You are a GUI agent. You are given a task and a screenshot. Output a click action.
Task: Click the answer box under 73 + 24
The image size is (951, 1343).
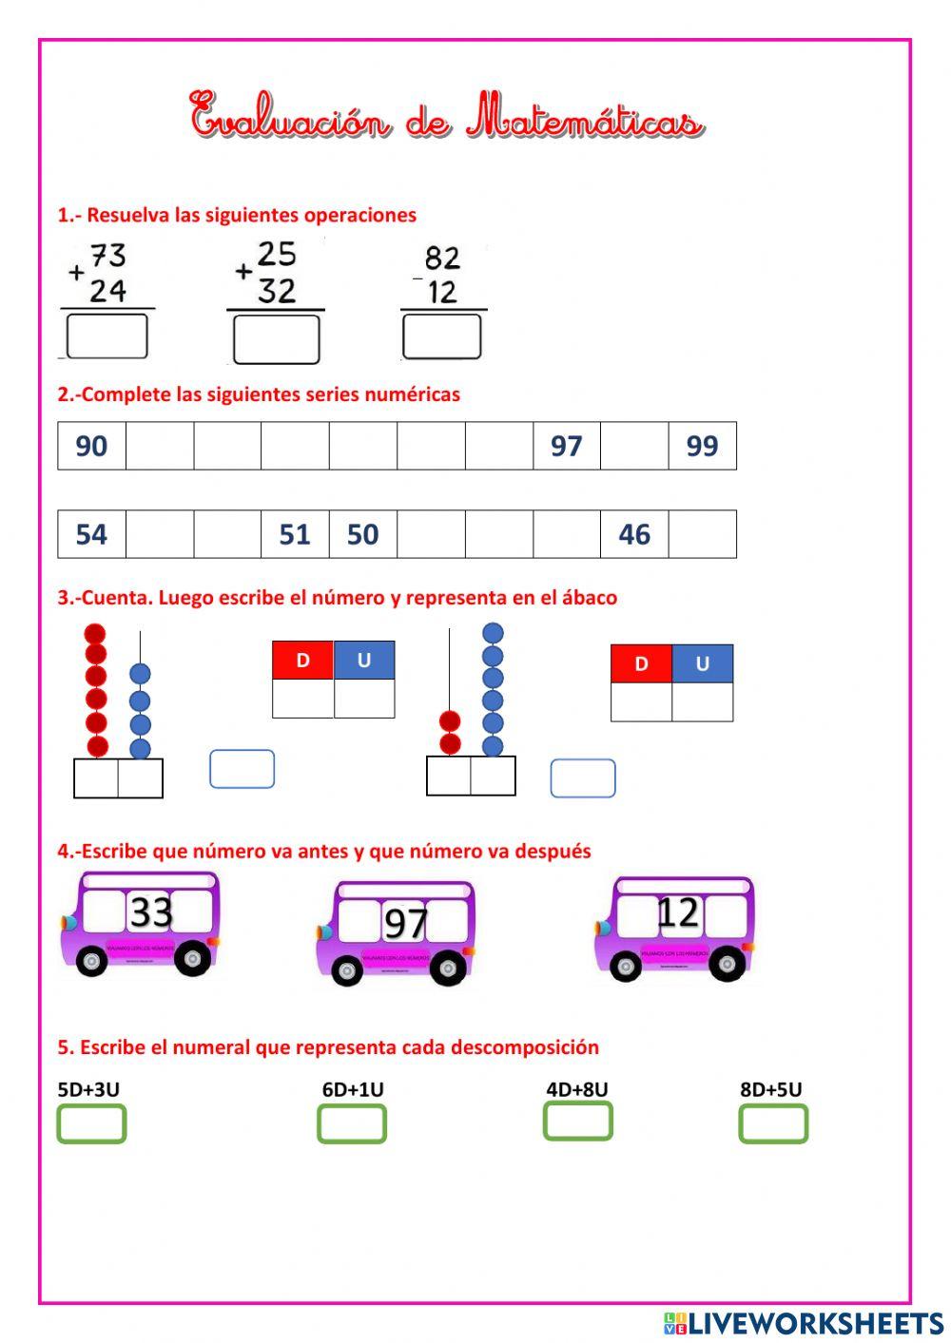click(107, 336)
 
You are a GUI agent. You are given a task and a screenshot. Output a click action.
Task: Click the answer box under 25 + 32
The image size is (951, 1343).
click(276, 339)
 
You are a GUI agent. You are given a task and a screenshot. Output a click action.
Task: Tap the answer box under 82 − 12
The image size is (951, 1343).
click(441, 336)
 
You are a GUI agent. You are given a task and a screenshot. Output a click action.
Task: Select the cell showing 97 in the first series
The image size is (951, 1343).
click(566, 446)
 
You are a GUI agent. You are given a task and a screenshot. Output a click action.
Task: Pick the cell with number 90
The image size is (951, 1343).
click(91, 446)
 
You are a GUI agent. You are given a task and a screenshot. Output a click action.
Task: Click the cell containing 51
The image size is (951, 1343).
click(295, 534)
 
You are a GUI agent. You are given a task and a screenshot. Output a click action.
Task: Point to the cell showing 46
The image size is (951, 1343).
click(634, 534)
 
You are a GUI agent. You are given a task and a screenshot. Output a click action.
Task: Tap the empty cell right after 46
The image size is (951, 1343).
click(702, 534)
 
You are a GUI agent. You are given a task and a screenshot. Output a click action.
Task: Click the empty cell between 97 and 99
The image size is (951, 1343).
click(634, 446)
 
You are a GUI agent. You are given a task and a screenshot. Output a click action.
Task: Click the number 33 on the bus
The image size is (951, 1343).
click(150, 911)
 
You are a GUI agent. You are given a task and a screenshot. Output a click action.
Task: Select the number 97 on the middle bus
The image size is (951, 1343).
click(406, 923)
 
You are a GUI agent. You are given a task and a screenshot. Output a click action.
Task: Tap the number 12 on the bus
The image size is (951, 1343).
click(678, 913)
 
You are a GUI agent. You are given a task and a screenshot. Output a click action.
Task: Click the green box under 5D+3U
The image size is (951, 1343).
click(91, 1124)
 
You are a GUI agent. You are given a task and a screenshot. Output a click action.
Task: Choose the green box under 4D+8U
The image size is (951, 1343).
click(577, 1122)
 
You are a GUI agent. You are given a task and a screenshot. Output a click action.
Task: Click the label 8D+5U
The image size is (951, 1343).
click(770, 1089)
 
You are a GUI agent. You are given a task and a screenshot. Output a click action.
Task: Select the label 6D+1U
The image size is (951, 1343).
click(353, 1089)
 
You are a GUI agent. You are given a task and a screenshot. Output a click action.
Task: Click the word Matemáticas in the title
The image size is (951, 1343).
click(585, 120)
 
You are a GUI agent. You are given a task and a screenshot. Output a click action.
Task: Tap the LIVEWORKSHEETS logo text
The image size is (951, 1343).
click(815, 1322)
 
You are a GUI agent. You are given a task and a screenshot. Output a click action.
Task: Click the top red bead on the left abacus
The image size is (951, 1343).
click(95, 634)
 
